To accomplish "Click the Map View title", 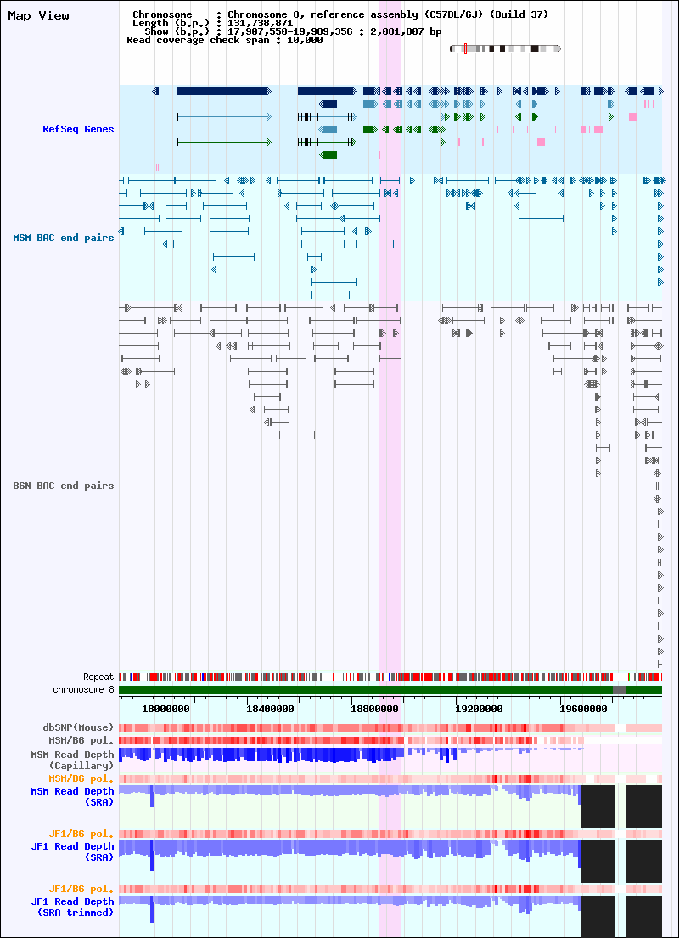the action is (x=38, y=15).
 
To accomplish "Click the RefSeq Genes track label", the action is (x=78, y=129).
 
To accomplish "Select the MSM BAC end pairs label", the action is (x=64, y=238).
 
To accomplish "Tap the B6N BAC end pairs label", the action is (x=64, y=486).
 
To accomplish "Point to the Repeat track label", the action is (x=98, y=677).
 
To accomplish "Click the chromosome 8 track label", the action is (x=83, y=690).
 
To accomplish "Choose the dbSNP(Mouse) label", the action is (x=78, y=727).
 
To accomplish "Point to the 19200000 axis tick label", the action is (x=477, y=710).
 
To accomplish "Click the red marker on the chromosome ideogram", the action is (x=465, y=48).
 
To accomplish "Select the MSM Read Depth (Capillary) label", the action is (x=72, y=761).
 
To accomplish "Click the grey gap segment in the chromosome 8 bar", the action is (x=620, y=690).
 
